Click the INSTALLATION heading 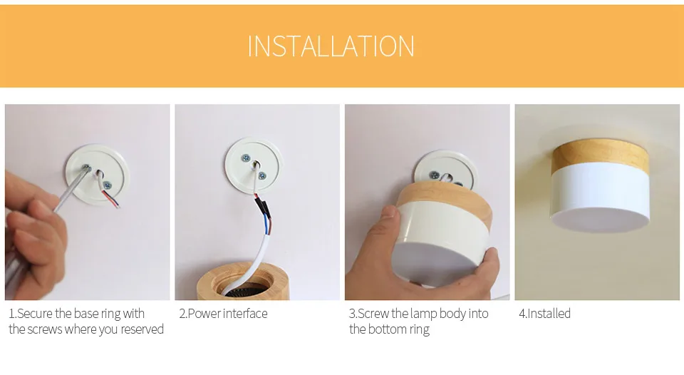coord(331,46)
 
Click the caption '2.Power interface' coord(223,314)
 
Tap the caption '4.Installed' coord(544,314)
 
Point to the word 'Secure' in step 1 coord(34,314)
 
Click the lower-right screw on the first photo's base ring coord(106,185)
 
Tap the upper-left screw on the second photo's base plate coord(246,158)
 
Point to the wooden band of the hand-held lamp coord(445,201)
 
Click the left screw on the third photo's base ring coord(435,175)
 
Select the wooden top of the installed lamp coord(601,157)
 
